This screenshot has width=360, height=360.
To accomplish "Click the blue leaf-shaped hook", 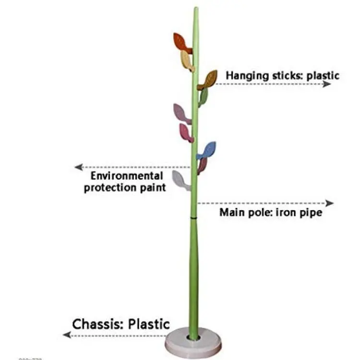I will coord(207,150).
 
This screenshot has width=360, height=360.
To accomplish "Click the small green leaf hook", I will coord(203,97).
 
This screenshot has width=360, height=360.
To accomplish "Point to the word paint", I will coord(151,188).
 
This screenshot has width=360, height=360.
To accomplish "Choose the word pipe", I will coord(309,213).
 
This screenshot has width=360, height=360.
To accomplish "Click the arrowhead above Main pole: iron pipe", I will coord(329,203).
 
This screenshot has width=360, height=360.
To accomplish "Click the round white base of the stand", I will coord(194,342).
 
